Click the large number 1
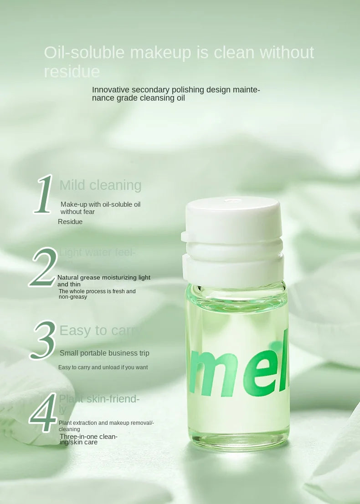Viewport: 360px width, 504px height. click(x=45, y=194)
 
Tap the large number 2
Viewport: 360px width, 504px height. click(x=44, y=268)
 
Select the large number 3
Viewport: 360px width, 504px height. click(x=44, y=340)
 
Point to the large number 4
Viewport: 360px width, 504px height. click(x=43, y=413)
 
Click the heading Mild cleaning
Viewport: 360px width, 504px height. click(x=100, y=185)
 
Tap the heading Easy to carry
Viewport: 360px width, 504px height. click(x=100, y=331)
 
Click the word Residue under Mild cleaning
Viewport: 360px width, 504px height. click(x=70, y=222)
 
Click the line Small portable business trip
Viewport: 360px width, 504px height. click(x=104, y=353)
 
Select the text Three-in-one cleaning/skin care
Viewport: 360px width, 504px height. click(x=88, y=439)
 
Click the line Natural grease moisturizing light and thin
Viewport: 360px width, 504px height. click(x=103, y=280)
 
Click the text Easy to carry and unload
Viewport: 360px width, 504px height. click(x=103, y=367)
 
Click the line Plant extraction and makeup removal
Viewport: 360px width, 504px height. click(x=106, y=426)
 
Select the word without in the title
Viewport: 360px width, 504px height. click(x=287, y=53)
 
